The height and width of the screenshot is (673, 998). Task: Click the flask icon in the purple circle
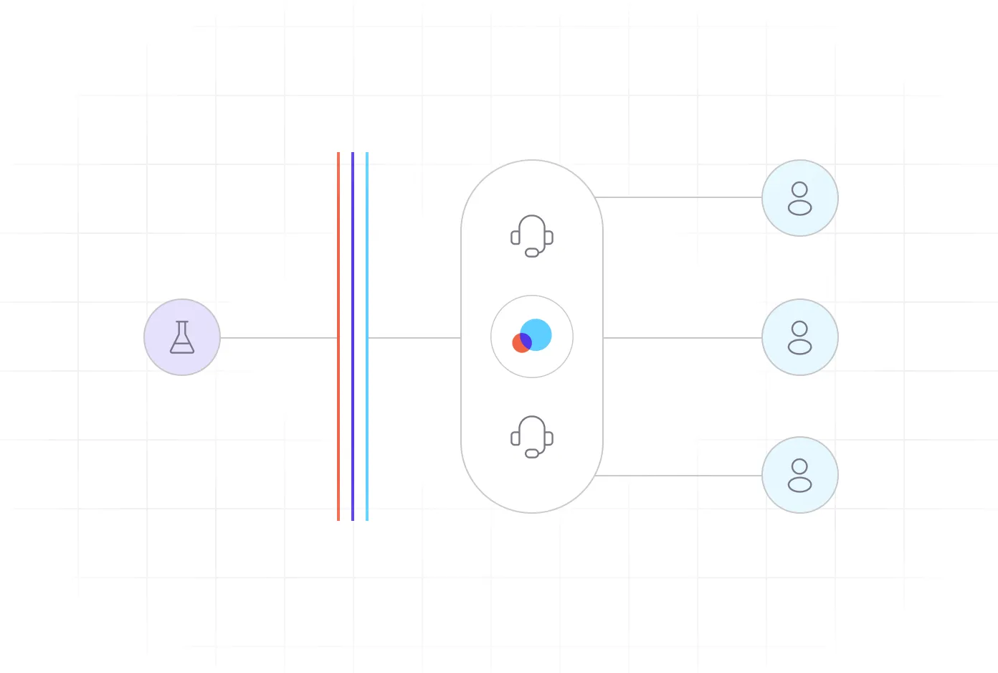(182, 337)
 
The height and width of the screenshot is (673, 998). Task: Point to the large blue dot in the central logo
(538, 333)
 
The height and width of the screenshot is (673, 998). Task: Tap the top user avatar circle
(800, 198)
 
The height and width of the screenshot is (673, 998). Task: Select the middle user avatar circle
(800, 337)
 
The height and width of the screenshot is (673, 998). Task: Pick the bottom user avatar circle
(800, 475)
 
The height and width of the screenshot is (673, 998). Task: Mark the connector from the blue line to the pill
(414, 338)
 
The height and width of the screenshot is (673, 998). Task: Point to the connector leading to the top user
(678, 197)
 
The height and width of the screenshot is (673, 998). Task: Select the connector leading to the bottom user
(678, 476)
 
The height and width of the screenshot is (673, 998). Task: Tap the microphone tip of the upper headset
(532, 253)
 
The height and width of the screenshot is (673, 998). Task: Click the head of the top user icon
(800, 189)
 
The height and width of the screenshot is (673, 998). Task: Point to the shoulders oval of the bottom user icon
(800, 485)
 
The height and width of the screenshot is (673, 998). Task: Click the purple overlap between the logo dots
(526, 341)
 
